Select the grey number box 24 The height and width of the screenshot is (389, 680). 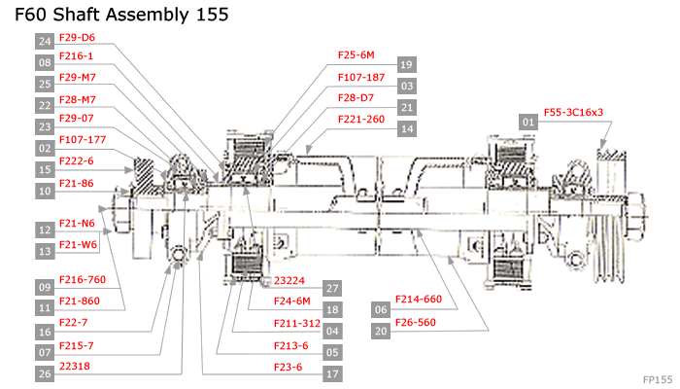pyautogui.click(x=45, y=42)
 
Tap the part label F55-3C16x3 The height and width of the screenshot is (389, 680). pyautogui.click(x=573, y=112)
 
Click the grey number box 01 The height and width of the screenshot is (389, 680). pyautogui.click(x=528, y=122)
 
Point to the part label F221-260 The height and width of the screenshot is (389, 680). pyautogui.click(x=361, y=120)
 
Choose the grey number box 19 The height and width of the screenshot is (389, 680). pyautogui.click(x=407, y=64)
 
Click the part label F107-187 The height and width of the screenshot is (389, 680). pyautogui.click(x=361, y=77)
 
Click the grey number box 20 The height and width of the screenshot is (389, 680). pyautogui.click(x=381, y=331)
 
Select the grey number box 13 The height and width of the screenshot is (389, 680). pyautogui.click(x=45, y=252)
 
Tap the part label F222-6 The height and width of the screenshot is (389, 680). pyautogui.click(x=77, y=161)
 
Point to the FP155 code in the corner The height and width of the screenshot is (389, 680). pyautogui.click(x=658, y=378)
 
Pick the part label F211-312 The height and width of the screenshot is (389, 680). pyautogui.click(x=297, y=323)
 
